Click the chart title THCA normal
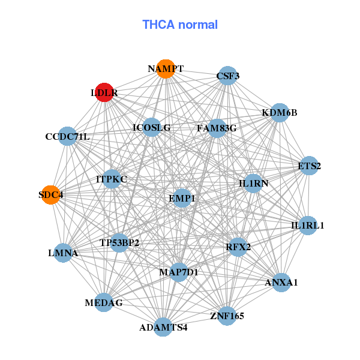179,25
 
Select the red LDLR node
104,93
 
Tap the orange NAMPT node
165,69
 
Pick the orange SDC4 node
51,194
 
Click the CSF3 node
227,76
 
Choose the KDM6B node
279,113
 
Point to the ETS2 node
308,166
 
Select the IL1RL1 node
307,226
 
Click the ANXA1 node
281,281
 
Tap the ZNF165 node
227,315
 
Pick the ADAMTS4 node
163,327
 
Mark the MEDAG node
104,303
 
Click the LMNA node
64,253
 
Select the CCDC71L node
68,137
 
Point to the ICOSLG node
152,127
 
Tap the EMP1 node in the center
182,198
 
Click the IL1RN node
253,182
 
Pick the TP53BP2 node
119,242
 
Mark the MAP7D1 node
179,272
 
